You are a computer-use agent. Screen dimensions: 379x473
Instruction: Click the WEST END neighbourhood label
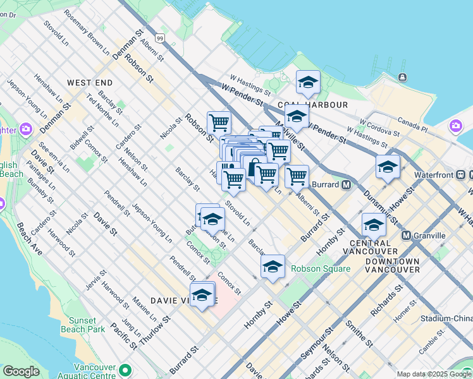point(90,83)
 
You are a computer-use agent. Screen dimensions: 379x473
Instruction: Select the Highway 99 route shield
point(161,39)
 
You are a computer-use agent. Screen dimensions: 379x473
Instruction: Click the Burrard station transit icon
point(346,185)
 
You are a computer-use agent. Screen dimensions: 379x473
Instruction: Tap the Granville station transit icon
point(406,236)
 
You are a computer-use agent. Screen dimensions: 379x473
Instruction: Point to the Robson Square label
point(320,268)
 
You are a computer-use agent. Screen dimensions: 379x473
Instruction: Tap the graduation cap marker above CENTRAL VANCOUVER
point(374,225)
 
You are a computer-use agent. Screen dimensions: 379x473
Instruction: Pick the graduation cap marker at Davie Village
point(202,294)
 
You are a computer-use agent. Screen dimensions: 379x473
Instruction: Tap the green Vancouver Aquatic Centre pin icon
point(125,370)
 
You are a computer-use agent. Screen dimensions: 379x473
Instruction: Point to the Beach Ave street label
point(30,239)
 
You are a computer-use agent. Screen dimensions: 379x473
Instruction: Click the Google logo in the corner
point(21,371)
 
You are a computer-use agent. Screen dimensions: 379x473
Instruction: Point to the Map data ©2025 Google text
point(434,374)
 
